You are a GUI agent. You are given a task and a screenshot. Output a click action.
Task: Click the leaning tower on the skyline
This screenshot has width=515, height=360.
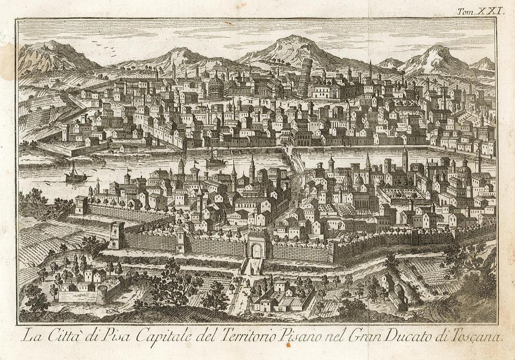305,78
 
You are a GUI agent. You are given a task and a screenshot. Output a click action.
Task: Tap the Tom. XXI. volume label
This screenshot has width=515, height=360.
480,12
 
